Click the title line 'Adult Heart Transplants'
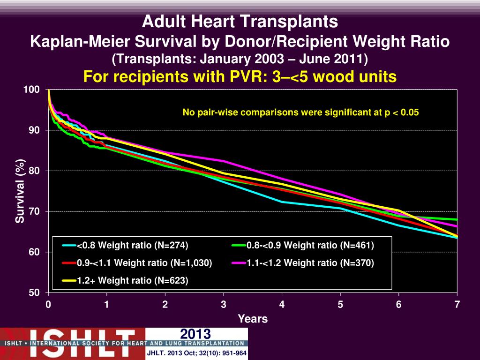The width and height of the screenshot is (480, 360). (240, 22)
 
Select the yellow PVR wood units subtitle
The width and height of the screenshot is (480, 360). (240, 76)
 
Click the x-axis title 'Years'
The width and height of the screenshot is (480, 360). (253, 319)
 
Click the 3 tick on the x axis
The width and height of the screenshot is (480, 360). (224, 305)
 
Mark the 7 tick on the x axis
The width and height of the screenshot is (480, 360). (457, 305)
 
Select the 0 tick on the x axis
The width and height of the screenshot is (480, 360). (48, 305)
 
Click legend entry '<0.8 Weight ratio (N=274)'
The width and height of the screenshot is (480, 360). (132, 245)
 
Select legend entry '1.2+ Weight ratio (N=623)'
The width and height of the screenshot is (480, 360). (132, 281)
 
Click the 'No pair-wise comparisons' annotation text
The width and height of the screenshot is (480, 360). (300, 112)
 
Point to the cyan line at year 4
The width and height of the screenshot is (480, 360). (282, 202)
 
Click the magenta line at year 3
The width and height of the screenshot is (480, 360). (224, 161)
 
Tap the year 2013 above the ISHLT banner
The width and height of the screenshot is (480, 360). (196, 334)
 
